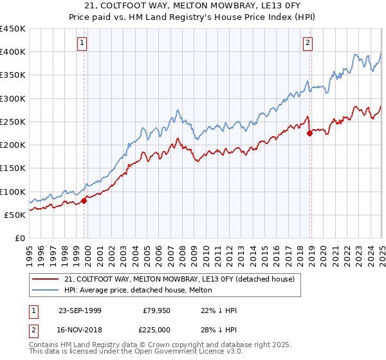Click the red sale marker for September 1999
coord(84,201)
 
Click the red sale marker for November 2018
coord(309,134)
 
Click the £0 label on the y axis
coord(21,239)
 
